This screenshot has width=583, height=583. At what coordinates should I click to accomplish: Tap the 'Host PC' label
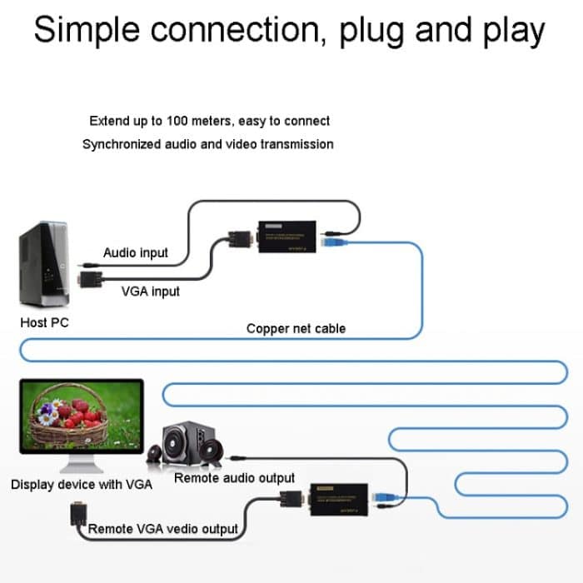(44, 322)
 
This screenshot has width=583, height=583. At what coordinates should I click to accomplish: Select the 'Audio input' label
(135, 252)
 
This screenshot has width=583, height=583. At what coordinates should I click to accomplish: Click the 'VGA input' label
(150, 291)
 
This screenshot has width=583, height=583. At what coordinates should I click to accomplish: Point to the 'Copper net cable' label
(296, 328)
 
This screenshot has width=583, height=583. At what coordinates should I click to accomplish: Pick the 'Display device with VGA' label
(82, 484)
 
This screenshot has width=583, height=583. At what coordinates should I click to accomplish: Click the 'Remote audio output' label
(234, 478)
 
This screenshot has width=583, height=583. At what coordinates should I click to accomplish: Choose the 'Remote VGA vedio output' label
(162, 528)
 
